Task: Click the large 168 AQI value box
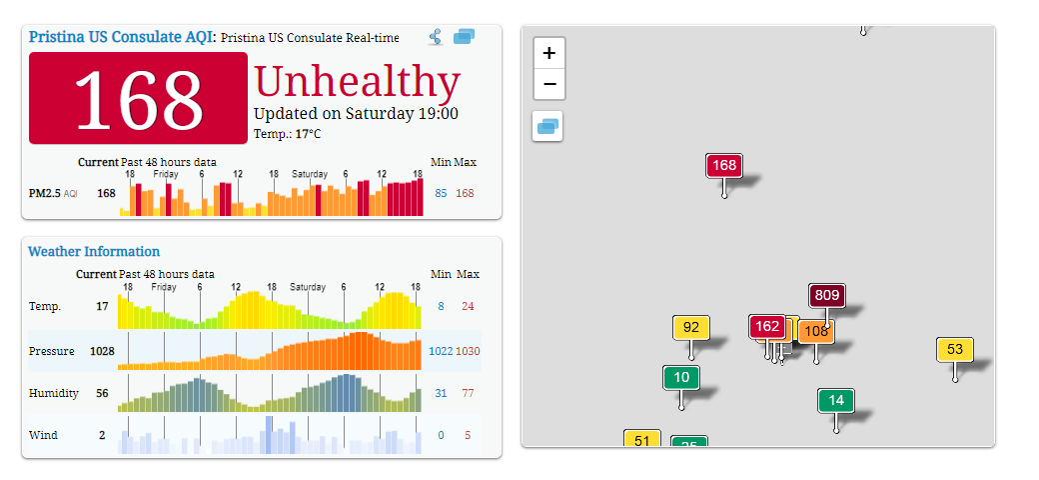click(138, 97)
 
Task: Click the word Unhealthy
click(357, 82)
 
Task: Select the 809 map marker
click(827, 295)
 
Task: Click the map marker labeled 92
click(691, 327)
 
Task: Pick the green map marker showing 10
click(681, 377)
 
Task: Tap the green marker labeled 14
click(836, 400)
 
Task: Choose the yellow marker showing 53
click(955, 349)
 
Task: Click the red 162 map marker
click(767, 326)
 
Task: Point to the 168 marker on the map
click(724, 165)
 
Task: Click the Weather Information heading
click(94, 251)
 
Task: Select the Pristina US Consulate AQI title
click(122, 36)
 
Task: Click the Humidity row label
click(54, 393)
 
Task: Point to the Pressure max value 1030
click(468, 351)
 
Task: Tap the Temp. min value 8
click(441, 306)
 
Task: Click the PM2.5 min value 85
click(441, 193)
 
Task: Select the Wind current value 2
click(102, 435)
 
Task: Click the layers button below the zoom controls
click(547, 126)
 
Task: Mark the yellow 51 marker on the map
click(641, 440)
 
